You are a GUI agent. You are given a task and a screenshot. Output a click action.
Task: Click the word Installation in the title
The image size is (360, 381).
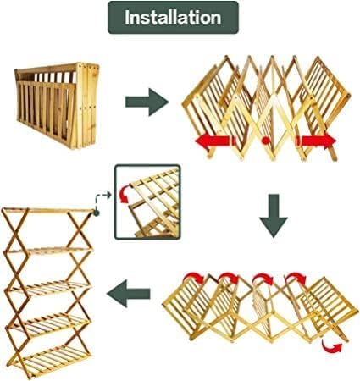tap(173, 18)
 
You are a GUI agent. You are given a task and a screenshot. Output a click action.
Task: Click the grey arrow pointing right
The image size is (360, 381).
tap(147, 102)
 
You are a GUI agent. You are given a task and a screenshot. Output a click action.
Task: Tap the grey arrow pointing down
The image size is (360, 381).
tap(274, 216)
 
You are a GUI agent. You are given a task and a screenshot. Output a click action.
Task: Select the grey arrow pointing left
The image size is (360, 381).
tap(129, 294)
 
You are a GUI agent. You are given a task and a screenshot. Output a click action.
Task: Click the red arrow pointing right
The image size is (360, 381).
tap(316, 141)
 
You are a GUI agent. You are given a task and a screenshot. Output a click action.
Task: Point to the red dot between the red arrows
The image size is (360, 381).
tap(265, 141)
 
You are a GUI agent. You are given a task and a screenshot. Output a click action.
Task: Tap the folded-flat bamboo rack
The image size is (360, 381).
tap(58, 105)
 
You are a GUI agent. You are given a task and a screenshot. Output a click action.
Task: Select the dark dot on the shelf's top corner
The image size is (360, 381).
tap(97, 213)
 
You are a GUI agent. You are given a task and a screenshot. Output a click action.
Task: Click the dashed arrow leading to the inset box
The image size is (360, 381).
tap(102, 199)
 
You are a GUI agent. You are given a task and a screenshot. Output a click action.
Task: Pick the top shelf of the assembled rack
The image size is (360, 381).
tap(48, 210)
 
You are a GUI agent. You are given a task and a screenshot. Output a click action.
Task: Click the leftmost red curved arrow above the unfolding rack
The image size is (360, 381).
tap(194, 278)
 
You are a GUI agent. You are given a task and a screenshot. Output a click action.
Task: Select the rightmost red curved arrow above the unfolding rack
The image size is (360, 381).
tap(296, 278)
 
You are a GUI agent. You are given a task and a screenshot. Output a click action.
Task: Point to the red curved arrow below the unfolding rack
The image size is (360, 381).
tap(331, 346)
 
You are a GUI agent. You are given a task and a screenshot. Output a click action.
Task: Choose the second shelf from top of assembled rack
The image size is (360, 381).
tap(49, 251)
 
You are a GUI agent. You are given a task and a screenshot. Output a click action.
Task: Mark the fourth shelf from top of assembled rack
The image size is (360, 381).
tap(48, 324)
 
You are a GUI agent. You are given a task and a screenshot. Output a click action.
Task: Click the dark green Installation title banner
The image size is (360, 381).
tap(173, 18)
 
